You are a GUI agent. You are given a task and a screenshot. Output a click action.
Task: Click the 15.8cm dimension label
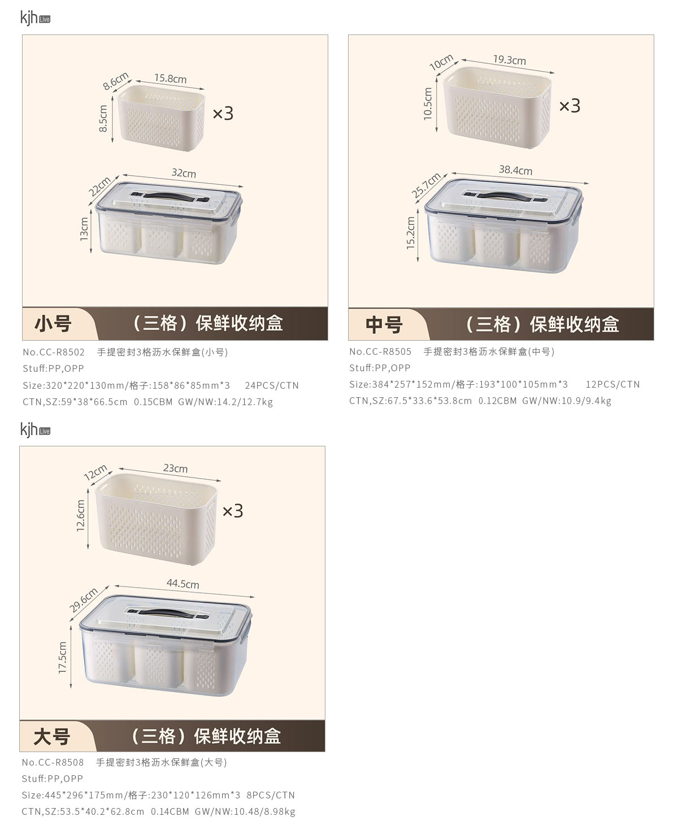pos(170,78)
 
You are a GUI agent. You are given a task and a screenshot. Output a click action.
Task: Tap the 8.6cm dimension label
pos(115,81)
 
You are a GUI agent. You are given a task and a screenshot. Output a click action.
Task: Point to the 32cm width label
pos(184,173)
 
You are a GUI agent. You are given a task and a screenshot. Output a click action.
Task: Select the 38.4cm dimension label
pos(515,170)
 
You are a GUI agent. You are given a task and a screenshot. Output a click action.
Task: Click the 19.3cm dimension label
pos(509,60)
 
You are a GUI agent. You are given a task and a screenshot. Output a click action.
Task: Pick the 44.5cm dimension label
pos(182,584)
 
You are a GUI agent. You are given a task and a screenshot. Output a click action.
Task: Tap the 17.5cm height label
pos(62,657)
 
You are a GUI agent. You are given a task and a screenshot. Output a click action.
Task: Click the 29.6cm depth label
pos(83,601)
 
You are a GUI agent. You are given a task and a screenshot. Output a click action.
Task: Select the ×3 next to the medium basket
pos(570,106)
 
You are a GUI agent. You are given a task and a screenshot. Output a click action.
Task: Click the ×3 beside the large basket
pos(233,511)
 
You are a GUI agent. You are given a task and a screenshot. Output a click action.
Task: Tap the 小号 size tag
pos(53,324)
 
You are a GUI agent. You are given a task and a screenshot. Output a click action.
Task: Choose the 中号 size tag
pos(384,325)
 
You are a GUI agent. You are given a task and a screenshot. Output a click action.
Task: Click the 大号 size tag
pos(51,737)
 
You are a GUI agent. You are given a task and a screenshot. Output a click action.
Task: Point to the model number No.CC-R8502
pos(54,352)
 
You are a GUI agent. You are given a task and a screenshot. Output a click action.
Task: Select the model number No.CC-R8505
pos(380,351)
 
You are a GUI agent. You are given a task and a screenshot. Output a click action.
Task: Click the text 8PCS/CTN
pos(270,795)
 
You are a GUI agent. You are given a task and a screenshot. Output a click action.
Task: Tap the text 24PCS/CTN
pos(272,385)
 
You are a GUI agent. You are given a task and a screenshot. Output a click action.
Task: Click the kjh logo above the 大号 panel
pos(35,429)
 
